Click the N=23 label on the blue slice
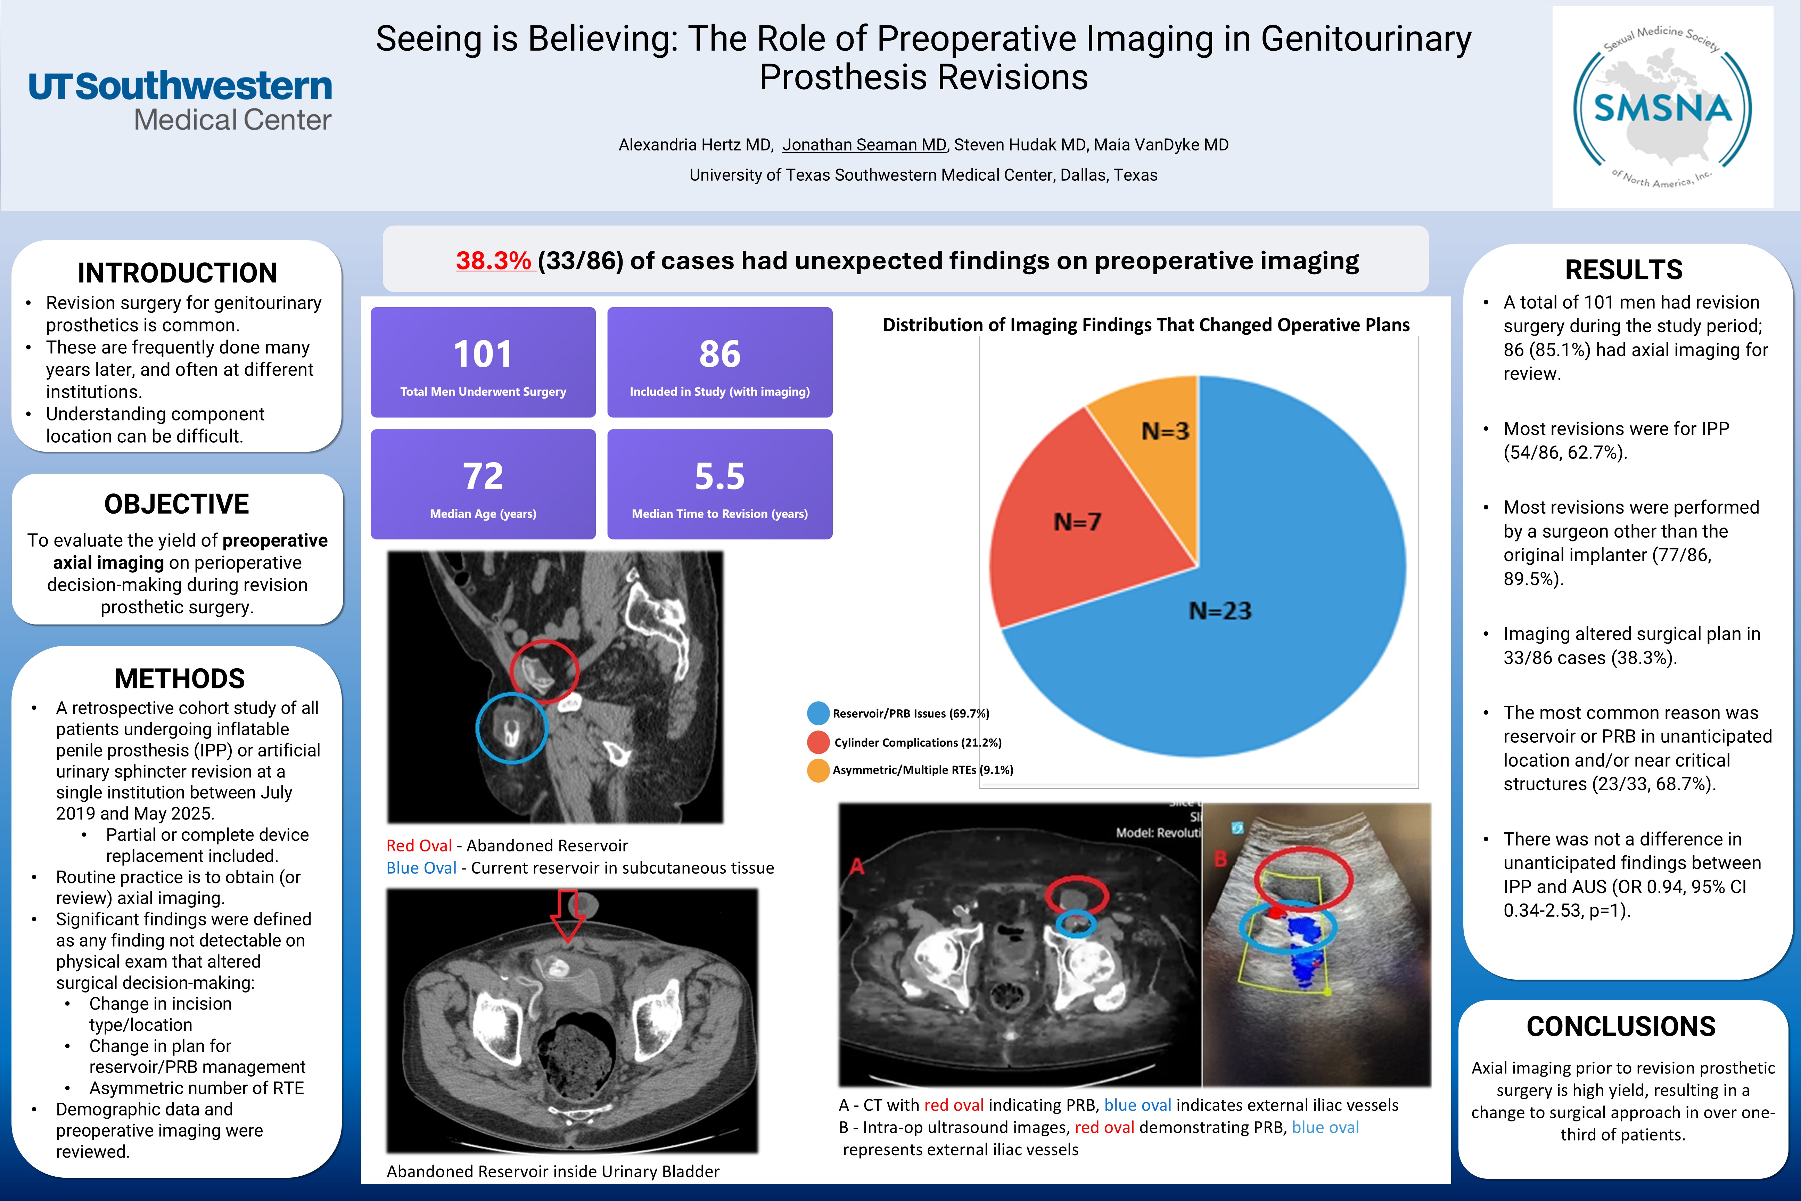click(1220, 611)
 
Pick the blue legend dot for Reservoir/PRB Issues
click(818, 713)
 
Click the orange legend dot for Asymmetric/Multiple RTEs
click(818, 770)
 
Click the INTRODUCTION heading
click(177, 273)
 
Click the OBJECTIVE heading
click(177, 504)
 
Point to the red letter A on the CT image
click(857, 866)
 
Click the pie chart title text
click(1145, 325)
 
